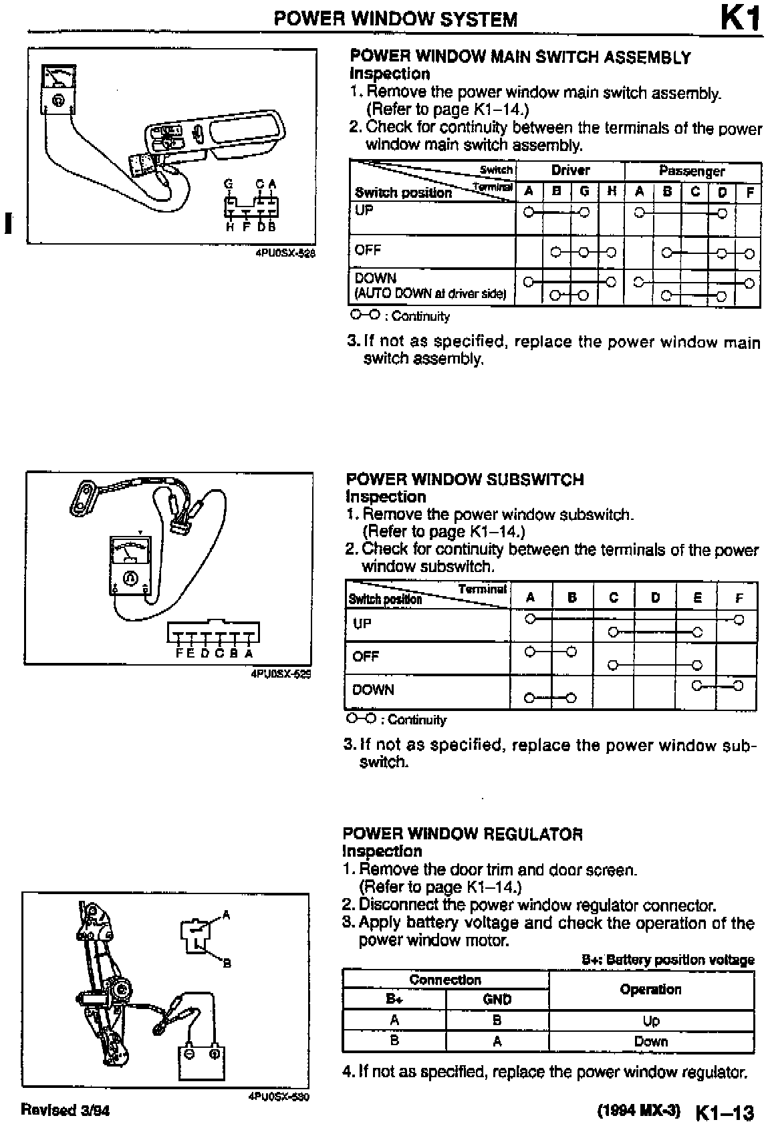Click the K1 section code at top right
[x=740, y=18]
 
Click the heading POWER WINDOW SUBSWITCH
[x=465, y=479]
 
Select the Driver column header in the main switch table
[x=569, y=170]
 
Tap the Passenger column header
[x=691, y=171]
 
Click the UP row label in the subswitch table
[x=362, y=623]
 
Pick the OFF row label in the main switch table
[x=368, y=250]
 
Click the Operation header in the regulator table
[x=650, y=989]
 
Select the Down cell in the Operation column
[x=650, y=1041]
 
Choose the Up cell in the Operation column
[x=650, y=1020]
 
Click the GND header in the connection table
[x=497, y=999]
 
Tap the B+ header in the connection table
[x=394, y=999]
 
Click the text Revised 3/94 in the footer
[x=66, y=1110]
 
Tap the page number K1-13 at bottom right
[x=725, y=1113]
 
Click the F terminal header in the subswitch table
[x=737, y=598]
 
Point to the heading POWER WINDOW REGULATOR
[x=463, y=833]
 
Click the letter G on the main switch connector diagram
[x=229, y=184]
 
